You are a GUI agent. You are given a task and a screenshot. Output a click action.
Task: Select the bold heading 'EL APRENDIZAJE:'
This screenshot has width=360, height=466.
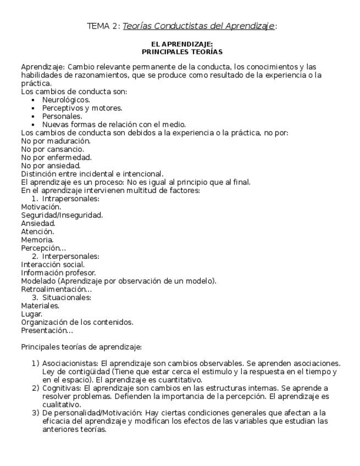[x=182, y=44]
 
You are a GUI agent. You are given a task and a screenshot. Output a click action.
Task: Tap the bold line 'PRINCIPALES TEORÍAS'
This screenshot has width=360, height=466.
[x=182, y=52]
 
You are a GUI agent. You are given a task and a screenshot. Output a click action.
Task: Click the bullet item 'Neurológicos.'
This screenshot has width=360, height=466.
[x=66, y=100]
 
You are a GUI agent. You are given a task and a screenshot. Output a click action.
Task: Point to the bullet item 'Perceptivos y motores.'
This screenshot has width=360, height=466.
[x=82, y=108]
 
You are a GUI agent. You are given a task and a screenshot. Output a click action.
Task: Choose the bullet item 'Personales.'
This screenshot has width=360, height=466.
[x=62, y=116]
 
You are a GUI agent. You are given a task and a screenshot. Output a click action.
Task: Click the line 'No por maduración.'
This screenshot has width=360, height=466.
[x=56, y=141]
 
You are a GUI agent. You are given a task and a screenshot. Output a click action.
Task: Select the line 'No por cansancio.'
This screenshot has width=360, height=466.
[x=53, y=149]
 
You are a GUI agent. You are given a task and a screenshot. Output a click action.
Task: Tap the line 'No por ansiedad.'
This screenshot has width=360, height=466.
[x=51, y=165]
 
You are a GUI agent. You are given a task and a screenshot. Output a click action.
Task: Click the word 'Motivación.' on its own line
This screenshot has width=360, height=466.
[x=41, y=207]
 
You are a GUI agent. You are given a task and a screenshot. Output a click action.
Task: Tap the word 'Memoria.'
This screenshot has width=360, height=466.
[x=37, y=240]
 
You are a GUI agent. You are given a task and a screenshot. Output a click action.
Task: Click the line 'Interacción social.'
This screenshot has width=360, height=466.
[x=53, y=264]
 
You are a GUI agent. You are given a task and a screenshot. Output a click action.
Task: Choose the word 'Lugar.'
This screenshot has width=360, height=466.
[x=32, y=314]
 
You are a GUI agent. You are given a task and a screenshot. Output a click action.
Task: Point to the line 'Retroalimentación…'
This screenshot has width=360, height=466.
[x=56, y=289]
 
